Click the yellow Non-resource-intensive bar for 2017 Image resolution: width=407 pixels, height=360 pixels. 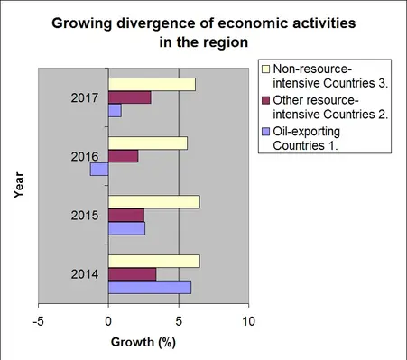click(x=151, y=85)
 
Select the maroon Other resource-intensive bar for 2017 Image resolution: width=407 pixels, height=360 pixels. click(x=129, y=97)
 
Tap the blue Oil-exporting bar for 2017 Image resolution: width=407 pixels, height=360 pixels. click(x=115, y=110)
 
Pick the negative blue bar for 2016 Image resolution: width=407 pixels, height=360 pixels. click(x=99, y=169)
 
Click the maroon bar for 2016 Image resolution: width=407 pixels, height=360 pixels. click(x=123, y=156)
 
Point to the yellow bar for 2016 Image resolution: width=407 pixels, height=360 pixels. click(x=147, y=143)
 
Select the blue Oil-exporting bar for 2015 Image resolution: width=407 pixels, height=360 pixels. click(x=126, y=227)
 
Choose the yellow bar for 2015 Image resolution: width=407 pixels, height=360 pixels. click(x=153, y=202)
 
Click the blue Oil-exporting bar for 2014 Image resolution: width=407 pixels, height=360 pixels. click(x=149, y=287)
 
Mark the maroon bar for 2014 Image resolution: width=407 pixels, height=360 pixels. click(x=132, y=274)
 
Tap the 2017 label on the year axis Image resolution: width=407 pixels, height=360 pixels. click(x=85, y=97)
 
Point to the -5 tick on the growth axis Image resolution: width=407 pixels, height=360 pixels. click(x=38, y=320)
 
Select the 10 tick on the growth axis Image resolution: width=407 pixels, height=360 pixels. click(x=249, y=320)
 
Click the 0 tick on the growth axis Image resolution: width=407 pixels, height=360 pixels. click(x=108, y=320)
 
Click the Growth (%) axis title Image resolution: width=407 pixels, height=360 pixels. click(x=142, y=343)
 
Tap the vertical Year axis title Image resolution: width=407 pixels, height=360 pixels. click(x=17, y=186)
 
